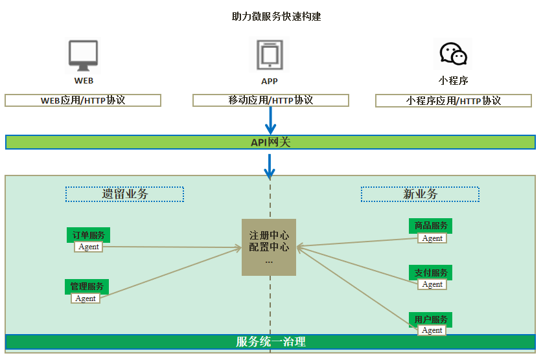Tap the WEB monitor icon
click(x=84, y=56)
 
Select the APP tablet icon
click(x=269, y=55)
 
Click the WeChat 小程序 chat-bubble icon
click(x=453, y=54)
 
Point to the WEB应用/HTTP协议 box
click(x=83, y=100)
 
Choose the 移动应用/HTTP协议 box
click(x=271, y=100)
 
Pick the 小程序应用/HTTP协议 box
click(x=454, y=100)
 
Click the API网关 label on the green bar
click(x=271, y=142)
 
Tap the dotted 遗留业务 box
click(x=124, y=194)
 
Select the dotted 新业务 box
click(x=420, y=194)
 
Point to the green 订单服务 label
click(x=88, y=235)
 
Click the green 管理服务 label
click(x=86, y=286)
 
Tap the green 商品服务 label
click(x=431, y=225)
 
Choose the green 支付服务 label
click(x=431, y=273)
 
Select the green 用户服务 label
click(x=431, y=319)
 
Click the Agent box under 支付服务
click(x=432, y=284)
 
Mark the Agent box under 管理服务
click(x=86, y=298)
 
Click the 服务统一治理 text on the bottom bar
click(x=271, y=342)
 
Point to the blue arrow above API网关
click(x=271, y=120)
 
